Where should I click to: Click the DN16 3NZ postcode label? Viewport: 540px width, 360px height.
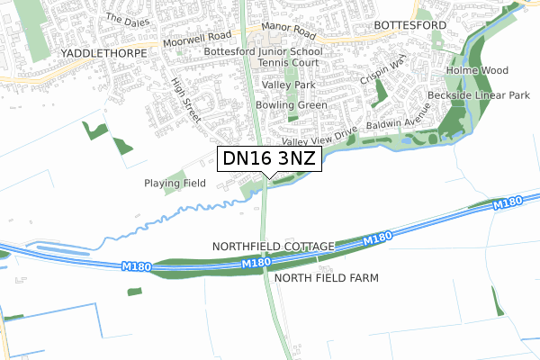pyautogui.click(x=267, y=159)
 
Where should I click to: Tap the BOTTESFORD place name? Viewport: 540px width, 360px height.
pyautogui.click(x=409, y=26)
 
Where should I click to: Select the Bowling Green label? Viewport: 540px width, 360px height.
pyautogui.click(x=290, y=105)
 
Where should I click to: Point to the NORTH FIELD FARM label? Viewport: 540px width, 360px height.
pyautogui.click(x=327, y=278)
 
